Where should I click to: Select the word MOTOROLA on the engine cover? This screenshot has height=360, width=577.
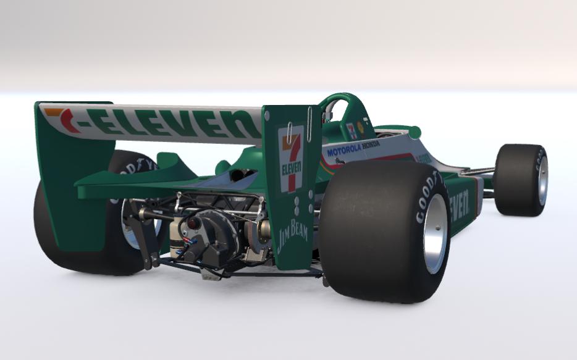coord(343,150)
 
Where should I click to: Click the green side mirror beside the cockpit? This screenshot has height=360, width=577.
coord(410,132)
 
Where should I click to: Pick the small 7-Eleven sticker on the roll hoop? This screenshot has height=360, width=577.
coord(352,130)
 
